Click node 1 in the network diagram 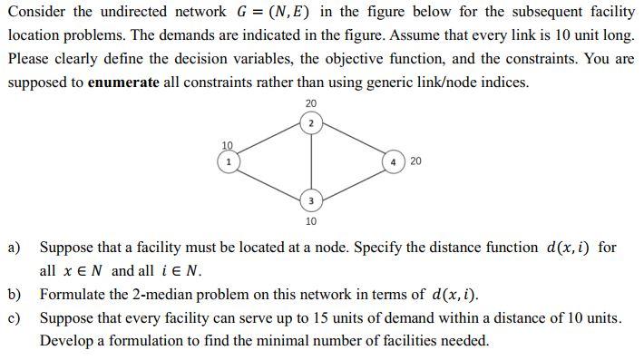tap(229, 161)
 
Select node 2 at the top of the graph tap(310, 122)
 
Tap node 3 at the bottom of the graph tap(310, 200)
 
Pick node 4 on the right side tap(394, 161)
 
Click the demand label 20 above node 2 tap(310, 103)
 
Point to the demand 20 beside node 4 tap(415, 161)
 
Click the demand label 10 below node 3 tap(310, 220)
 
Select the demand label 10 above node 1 tap(228, 145)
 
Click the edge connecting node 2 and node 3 tap(310, 161)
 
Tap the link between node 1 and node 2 tap(269, 141)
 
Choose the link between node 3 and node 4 tap(352, 181)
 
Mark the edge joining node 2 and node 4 tap(352, 141)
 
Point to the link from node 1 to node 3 tap(269, 181)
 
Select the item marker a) tap(15, 247)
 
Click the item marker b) tap(15, 294)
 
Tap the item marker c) tap(15, 317)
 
